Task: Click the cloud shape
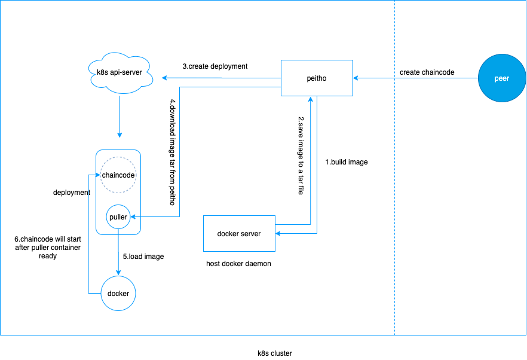click(x=120, y=73)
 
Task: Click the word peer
click(x=502, y=78)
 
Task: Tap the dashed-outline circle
click(x=118, y=175)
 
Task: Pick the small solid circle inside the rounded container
click(x=118, y=216)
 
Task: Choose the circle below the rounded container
click(x=118, y=293)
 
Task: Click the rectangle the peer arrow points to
click(x=317, y=78)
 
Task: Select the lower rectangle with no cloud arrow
click(x=239, y=233)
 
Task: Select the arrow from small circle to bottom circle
click(x=118, y=251)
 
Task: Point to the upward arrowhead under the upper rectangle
click(x=311, y=100)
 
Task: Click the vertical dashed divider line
click(x=394, y=179)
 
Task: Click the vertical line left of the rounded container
click(x=88, y=233)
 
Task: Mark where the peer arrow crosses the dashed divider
click(x=394, y=78)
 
